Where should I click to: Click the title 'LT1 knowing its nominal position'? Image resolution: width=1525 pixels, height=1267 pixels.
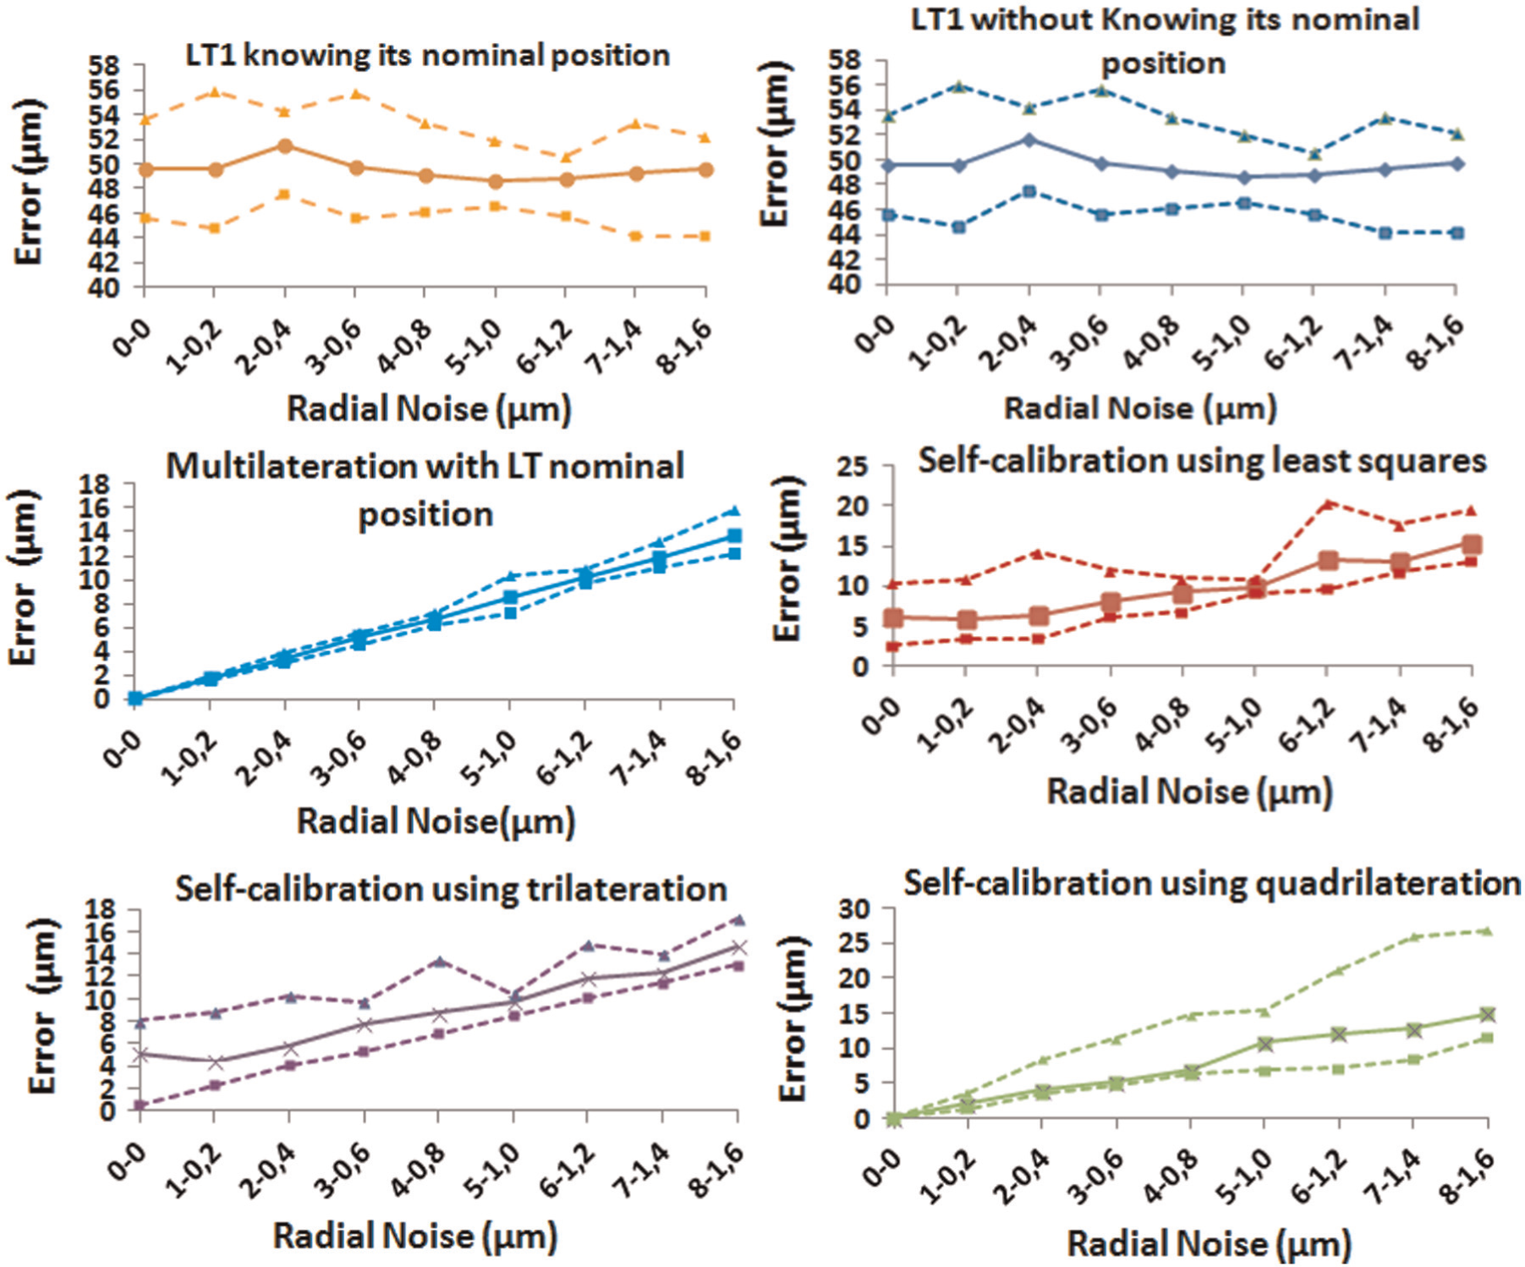click(427, 56)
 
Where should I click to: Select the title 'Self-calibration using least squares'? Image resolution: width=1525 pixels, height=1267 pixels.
click(1202, 461)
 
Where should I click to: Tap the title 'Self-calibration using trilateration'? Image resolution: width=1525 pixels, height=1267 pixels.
click(451, 889)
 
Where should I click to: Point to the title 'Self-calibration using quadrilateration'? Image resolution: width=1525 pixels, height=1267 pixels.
click(1212, 883)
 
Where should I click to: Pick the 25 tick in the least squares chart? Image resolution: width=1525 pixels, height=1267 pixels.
click(854, 465)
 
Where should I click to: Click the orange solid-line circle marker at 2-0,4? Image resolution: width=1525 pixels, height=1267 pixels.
click(285, 146)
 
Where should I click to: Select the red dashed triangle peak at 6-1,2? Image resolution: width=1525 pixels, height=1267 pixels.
click(1328, 503)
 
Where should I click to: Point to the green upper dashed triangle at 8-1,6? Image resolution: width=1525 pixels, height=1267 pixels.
click(1488, 930)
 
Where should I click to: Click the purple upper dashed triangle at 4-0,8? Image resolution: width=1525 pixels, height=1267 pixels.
click(439, 961)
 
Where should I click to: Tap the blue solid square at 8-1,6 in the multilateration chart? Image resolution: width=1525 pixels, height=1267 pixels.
click(734, 535)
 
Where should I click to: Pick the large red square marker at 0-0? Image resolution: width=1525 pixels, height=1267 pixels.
click(893, 618)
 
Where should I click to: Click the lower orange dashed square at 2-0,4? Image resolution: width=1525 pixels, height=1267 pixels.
click(285, 195)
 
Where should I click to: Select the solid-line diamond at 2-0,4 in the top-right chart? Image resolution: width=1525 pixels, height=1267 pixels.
click(1029, 140)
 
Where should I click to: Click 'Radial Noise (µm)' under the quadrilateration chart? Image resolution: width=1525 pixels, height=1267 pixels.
click(1210, 1244)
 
